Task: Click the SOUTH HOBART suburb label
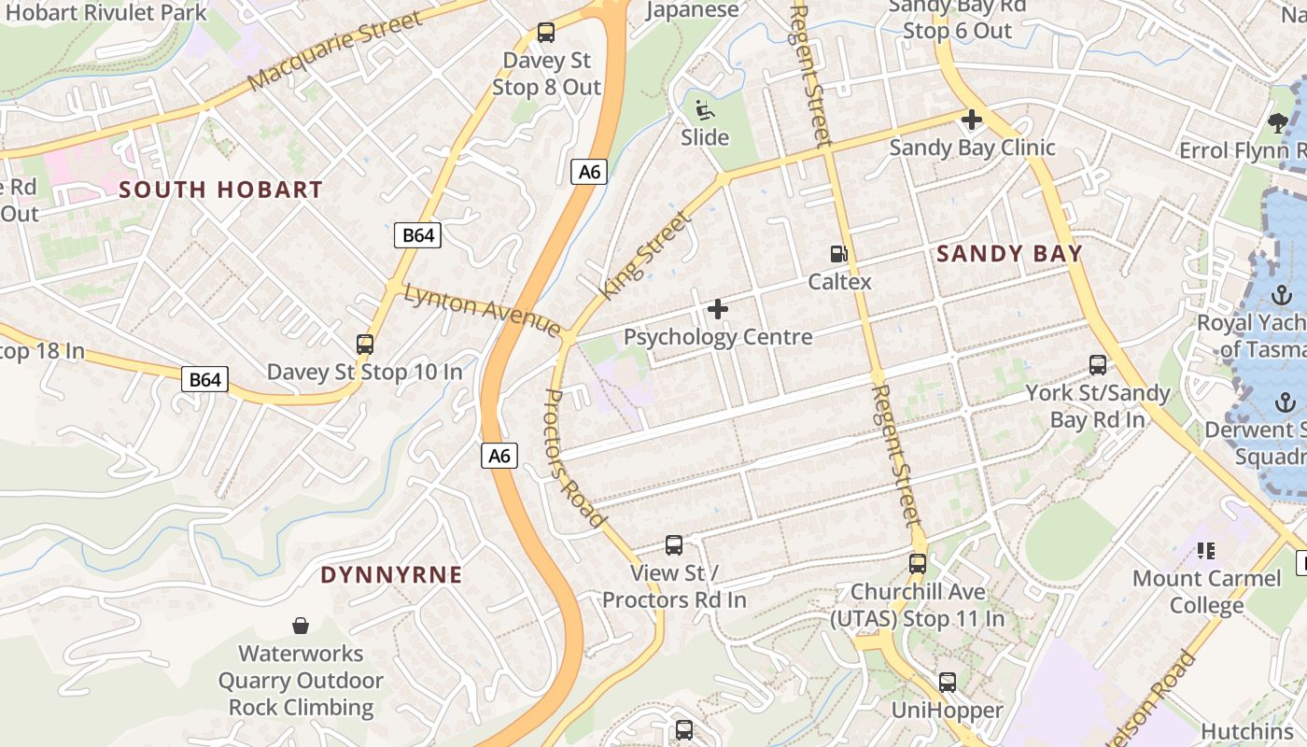[220, 190]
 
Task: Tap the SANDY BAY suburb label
[1009, 253]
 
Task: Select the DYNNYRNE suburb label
[391, 574]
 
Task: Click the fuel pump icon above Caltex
[839, 254]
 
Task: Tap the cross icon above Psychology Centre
[718, 308]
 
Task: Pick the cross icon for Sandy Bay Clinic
[972, 120]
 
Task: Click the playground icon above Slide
[705, 110]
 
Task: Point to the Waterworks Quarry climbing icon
[301, 625]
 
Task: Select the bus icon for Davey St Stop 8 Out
[546, 34]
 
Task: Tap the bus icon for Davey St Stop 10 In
[365, 345]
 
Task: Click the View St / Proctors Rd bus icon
[674, 545]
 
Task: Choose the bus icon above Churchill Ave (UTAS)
[918, 564]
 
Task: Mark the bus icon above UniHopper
[948, 683]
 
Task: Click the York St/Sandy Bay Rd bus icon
[1098, 365]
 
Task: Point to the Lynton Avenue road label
[482, 310]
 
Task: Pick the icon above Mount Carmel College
[1206, 551]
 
